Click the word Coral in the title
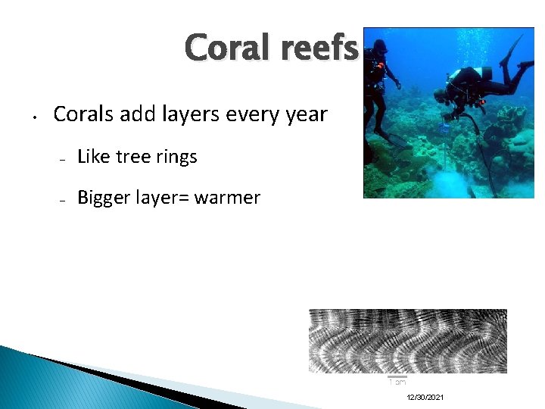coord(221,48)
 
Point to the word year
coord(304,115)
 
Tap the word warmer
coord(227,198)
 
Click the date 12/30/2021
coord(425,398)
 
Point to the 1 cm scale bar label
coord(397,382)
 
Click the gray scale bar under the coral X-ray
coord(397,376)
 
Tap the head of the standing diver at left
coord(378,47)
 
